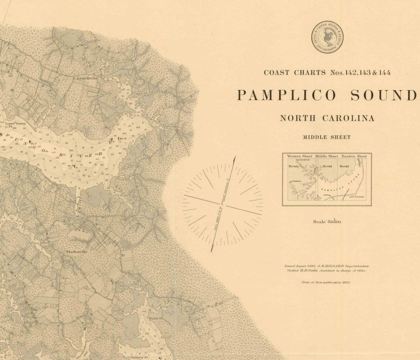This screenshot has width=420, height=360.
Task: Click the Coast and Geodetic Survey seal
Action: (327, 37)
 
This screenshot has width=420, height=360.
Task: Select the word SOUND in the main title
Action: (383, 95)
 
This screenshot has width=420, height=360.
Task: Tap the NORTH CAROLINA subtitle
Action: (327, 118)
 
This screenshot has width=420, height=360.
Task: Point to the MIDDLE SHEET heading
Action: (327, 137)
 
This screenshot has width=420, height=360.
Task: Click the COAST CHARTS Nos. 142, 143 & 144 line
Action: (327, 72)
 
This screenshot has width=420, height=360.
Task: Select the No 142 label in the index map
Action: (345, 166)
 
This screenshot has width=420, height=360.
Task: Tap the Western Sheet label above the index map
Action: (300, 156)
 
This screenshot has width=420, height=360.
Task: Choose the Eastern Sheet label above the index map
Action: (354, 156)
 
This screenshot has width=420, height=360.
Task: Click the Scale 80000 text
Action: (327, 221)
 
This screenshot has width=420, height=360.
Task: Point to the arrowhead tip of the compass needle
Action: (235, 156)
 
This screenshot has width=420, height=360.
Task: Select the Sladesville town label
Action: (76, 252)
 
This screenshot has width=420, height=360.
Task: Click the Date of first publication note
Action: (325, 282)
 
